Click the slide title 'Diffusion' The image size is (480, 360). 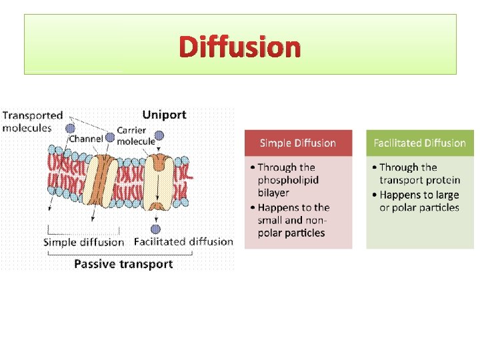(240, 47)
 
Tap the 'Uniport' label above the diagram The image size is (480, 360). (164, 115)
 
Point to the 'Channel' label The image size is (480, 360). (85, 139)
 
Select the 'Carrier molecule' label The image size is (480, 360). (131, 135)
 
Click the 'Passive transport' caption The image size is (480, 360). (123, 264)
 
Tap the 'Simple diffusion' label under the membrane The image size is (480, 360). (83, 242)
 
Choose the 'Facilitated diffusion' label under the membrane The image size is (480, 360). (183, 241)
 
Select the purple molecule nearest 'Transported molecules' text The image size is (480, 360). (70, 127)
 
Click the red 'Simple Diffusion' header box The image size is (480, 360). (297, 143)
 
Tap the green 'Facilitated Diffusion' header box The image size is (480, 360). (419, 143)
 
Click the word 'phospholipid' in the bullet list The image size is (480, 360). (288, 180)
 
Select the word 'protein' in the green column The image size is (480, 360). (438, 180)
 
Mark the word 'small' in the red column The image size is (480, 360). (271, 220)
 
